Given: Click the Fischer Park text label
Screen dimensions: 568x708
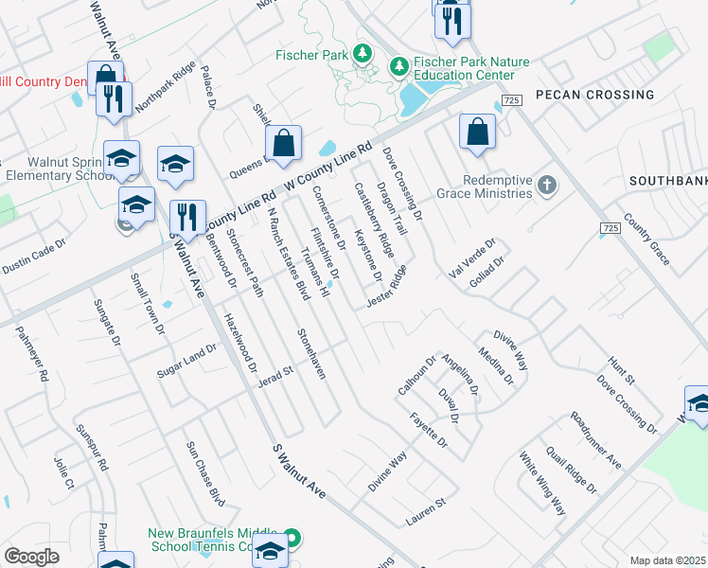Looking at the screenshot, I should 311,55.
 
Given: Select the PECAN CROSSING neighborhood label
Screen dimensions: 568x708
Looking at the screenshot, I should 594,95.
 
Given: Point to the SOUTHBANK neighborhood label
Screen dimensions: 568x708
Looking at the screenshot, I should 668,180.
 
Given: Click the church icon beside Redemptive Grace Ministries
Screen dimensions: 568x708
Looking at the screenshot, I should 547,186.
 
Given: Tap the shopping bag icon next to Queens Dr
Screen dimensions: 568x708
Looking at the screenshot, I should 283,144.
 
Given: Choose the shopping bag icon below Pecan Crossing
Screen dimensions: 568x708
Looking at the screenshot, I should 477,133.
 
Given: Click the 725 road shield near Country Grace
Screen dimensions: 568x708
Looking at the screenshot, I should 611,228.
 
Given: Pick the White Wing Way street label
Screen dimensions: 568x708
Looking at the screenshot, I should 541,483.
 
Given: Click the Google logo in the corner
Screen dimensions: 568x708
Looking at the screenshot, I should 31,557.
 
